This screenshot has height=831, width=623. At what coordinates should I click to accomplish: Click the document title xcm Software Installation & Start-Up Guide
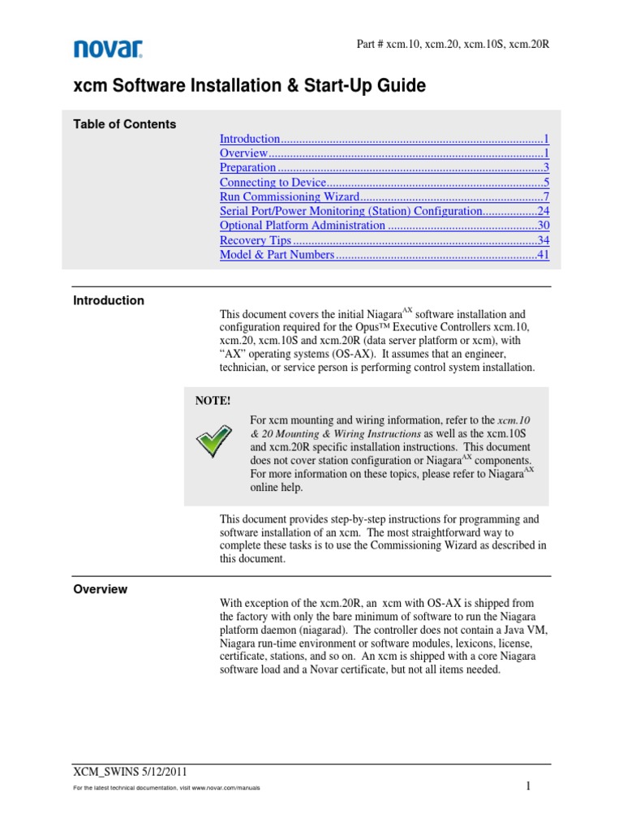(249, 86)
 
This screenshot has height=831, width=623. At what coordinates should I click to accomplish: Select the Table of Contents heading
(124, 124)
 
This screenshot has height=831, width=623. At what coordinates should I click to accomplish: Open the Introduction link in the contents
(250, 140)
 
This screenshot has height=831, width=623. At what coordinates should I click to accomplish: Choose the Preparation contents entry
(248, 168)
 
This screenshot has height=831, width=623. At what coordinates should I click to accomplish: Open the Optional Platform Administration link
(303, 226)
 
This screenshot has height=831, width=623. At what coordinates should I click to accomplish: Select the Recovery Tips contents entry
(255, 241)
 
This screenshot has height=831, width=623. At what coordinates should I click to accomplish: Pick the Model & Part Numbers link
(277, 256)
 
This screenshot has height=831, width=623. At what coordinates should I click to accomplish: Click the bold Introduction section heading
(109, 300)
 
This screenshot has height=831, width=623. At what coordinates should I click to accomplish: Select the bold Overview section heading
(100, 589)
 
